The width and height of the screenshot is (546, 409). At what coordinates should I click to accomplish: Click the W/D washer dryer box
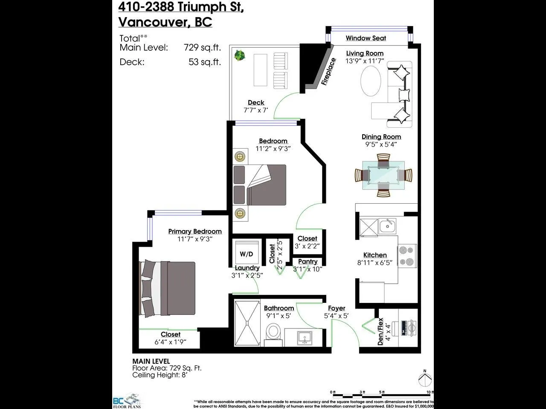(246, 254)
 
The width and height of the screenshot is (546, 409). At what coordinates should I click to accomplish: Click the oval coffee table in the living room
(371, 82)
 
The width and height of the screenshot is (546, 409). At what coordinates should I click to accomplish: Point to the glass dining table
(383, 175)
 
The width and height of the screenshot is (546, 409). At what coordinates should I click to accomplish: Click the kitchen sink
(387, 226)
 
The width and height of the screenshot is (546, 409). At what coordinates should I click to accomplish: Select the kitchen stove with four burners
(407, 256)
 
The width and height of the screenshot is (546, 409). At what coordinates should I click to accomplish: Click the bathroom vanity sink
(305, 338)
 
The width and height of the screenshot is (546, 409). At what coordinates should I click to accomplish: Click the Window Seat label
(366, 38)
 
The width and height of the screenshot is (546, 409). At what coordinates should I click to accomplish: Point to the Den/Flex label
(380, 331)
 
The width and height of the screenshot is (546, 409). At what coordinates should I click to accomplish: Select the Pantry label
(308, 262)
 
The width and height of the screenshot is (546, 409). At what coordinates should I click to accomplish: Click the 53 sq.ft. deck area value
(205, 62)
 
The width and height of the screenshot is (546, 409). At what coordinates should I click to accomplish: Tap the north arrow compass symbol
(424, 379)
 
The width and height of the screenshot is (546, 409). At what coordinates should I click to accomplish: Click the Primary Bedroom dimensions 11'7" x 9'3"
(195, 239)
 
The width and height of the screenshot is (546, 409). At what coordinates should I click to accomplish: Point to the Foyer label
(337, 308)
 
